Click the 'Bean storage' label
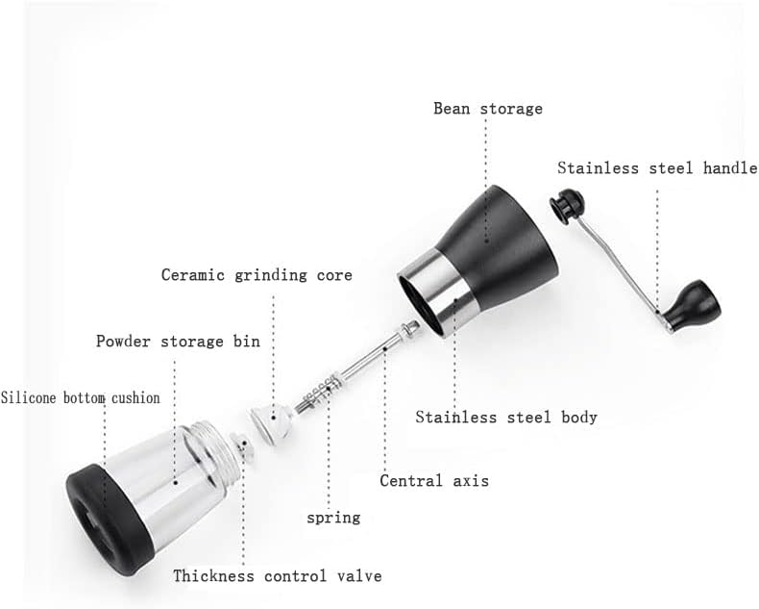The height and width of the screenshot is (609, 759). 487,109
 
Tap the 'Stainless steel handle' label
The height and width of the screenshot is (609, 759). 656,168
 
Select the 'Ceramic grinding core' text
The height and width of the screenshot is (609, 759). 257,275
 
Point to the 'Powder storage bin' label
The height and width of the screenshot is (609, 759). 178,342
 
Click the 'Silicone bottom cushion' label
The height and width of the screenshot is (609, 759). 81,397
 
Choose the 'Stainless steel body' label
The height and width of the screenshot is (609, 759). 506,418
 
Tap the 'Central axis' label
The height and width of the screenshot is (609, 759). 433,480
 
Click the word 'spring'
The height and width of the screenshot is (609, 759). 333,518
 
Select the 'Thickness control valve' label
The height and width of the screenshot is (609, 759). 277,576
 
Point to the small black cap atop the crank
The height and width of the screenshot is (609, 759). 566,204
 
